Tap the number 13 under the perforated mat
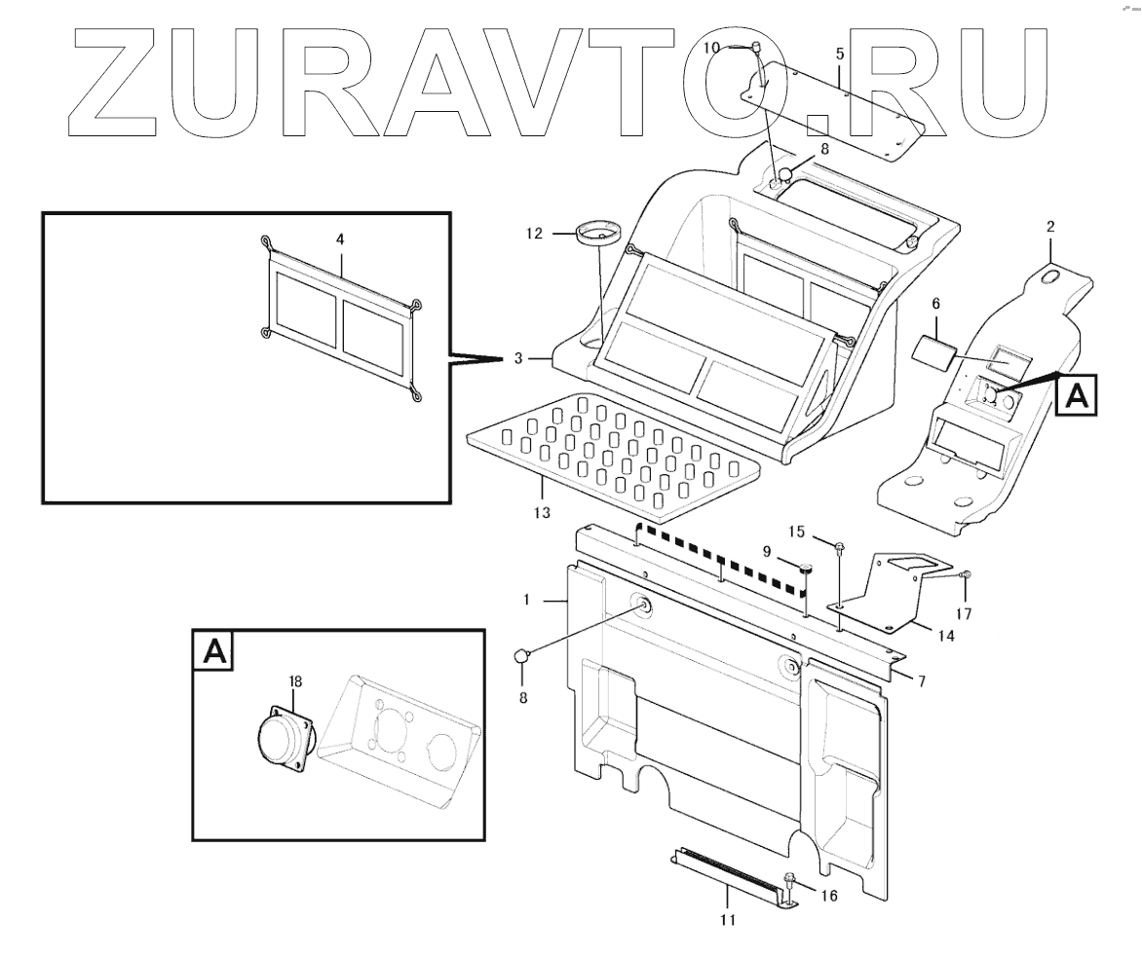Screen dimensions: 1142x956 point(542,512)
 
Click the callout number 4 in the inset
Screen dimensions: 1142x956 point(340,239)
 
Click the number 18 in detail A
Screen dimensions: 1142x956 point(296,681)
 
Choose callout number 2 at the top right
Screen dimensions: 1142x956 point(1050,227)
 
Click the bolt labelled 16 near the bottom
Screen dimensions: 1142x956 point(790,882)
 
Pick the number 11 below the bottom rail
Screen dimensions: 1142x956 point(727,918)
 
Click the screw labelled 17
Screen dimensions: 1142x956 point(965,576)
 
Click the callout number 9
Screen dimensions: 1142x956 point(767,551)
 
